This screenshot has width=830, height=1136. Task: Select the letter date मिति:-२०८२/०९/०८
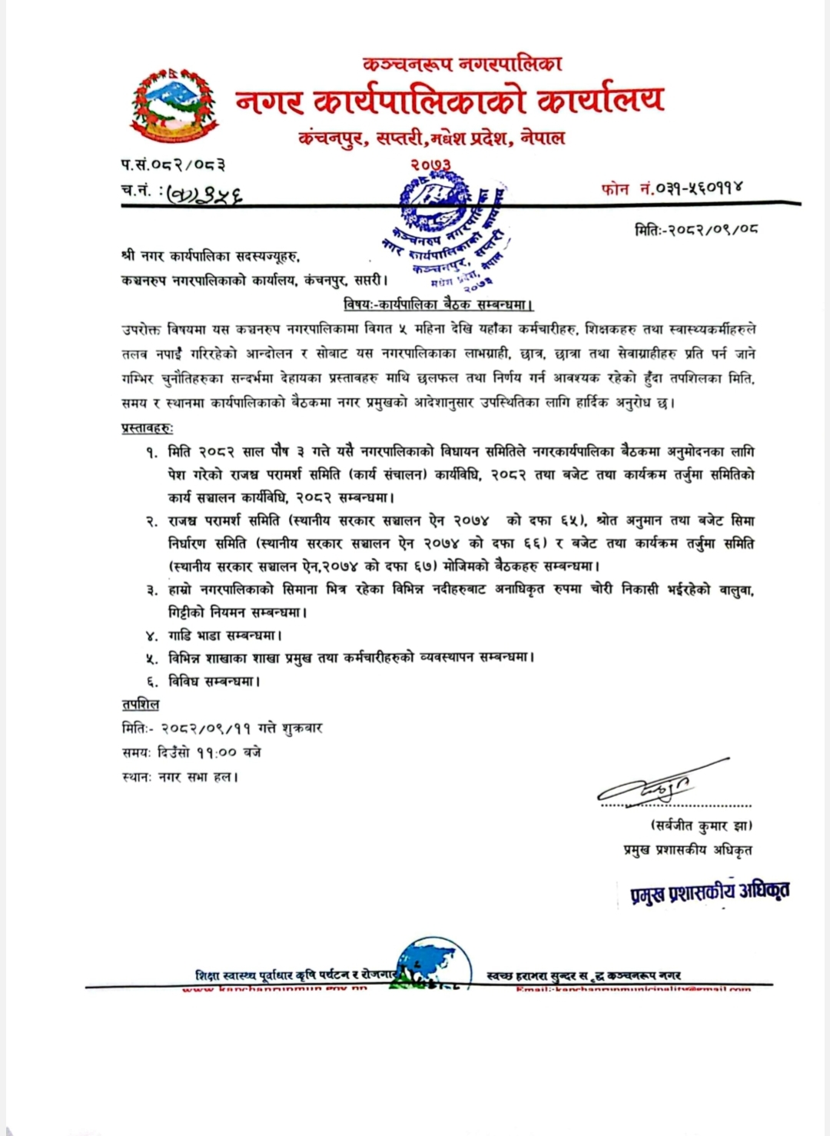pos(696,228)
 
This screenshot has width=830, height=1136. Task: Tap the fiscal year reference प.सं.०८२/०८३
pos(173,164)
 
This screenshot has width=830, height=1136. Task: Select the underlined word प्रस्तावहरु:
pos(147,427)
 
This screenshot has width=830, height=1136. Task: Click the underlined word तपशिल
pos(140,704)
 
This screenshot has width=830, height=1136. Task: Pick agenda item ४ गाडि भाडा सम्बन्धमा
pos(215,636)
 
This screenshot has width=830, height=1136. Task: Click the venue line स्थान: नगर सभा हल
pos(180,776)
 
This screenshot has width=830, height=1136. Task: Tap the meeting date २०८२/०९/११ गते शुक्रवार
pos(241,727)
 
